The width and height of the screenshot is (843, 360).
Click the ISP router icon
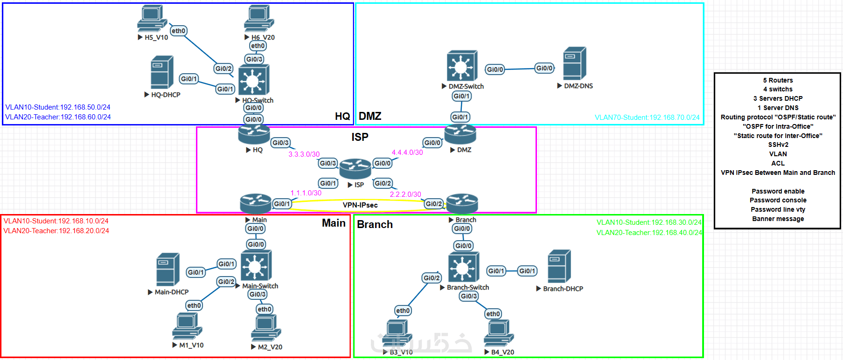[355, 169]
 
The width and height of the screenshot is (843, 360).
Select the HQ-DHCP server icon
[162, 72]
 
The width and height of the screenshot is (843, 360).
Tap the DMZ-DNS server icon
[574, 63]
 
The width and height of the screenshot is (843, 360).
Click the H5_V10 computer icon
[152, 19]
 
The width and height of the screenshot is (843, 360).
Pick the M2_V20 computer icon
[266, 328]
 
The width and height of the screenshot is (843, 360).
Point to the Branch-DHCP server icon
[559, 266]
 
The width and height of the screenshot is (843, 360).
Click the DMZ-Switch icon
[462, 66]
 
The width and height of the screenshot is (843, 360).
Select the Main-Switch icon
[256, 266]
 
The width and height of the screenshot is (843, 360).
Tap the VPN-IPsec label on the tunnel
[360, 205]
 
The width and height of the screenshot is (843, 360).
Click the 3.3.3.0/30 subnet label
[304, 154]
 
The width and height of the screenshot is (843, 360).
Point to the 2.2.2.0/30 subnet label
[405, 194]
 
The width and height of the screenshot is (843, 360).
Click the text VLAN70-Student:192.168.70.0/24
[647, 118]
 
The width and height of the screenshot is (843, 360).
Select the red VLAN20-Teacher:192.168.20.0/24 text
[56, 231]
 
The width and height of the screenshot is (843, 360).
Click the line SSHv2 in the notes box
[778, 145]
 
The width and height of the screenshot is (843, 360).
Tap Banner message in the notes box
[778, 219]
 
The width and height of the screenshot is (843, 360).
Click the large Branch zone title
[375, 225]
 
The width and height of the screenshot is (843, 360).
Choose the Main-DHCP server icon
[168, 270]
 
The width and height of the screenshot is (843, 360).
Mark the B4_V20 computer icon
[499, 333]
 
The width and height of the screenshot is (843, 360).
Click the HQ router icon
[254, 134]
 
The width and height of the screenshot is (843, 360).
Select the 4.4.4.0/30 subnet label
[407, 152]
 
